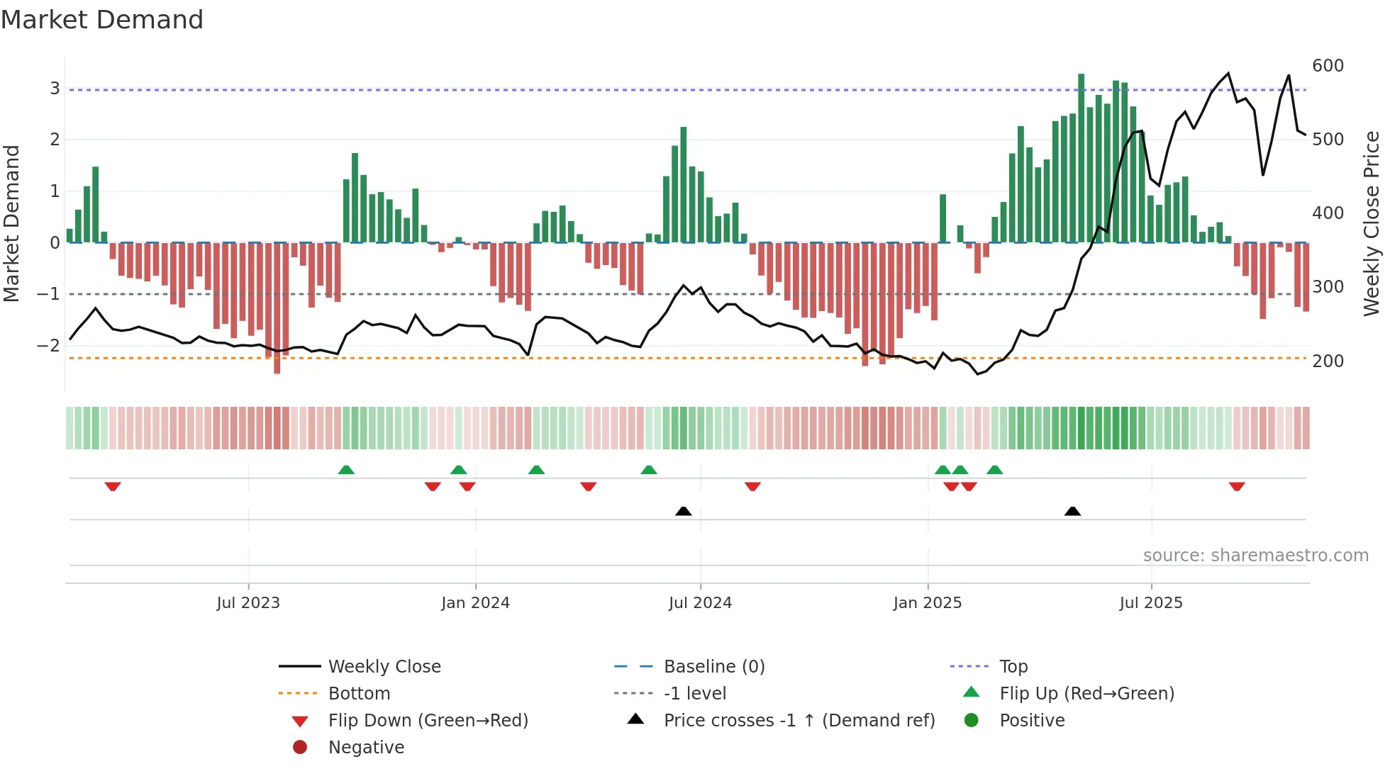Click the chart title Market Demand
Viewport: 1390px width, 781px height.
point(102,20)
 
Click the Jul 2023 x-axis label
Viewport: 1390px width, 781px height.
point(248,603)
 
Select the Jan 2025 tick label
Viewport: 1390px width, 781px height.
point(927,603)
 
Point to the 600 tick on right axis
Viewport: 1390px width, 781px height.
point(1328,66)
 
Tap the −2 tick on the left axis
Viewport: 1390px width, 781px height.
point(49,346)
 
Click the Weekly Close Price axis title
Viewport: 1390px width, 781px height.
point(1372,223)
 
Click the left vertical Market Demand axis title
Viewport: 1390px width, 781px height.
point(12,223)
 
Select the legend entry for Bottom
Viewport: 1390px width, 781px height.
point(359,693)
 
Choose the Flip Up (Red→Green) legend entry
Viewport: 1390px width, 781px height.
point(1086,693)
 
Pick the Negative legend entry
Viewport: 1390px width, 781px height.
point(366,747)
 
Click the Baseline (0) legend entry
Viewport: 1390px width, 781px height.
point(713,666)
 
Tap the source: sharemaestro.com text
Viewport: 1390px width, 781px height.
point(1255,556)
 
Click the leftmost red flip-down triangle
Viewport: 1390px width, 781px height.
point(113,486)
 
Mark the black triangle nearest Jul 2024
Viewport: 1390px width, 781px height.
point(683,511)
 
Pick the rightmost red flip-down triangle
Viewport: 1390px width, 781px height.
point(1237,486)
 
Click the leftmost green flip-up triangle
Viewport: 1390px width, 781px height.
point(346,470)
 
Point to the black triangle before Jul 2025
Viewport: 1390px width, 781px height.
point(1072,511)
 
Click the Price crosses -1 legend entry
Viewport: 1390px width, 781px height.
point(799,720)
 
